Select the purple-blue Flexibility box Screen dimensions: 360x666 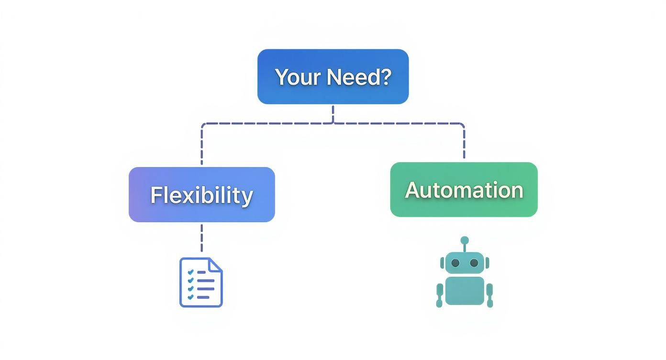click(x=201, y=195)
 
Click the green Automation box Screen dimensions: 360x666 click(x=464, y=190)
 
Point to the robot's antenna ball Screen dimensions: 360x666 click(x=465, y=240)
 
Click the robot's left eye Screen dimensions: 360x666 click(x=455, y=263)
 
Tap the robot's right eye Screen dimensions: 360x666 click(x=474, y=263)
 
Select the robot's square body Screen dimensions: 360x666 click(x=465, y=291)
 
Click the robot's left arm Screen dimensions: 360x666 click(x=440, y=294)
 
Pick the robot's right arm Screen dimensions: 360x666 click(x=489, y=294)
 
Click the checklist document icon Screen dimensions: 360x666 click(x=201, y=282)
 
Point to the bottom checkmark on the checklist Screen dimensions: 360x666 click(x=190, y=297)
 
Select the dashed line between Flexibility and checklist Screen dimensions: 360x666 click(x=201, y=237)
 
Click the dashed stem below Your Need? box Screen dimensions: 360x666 click(x=333, y=114)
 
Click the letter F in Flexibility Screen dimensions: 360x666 click(x=156, y=195)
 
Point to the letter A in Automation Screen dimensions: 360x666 click(x=412, y=191)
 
